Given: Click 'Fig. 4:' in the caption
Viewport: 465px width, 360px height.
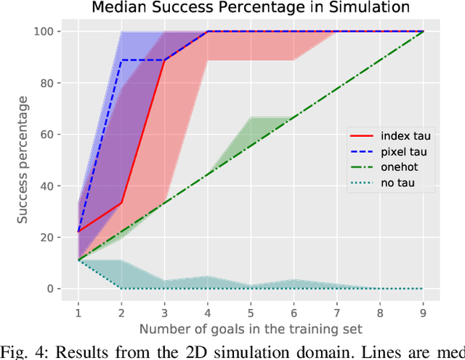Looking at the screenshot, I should click(x=28, y=351).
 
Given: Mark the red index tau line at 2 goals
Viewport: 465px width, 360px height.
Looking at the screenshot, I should click(x=121, y=203).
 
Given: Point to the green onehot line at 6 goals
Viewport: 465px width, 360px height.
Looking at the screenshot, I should click(x=294, y=117).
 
